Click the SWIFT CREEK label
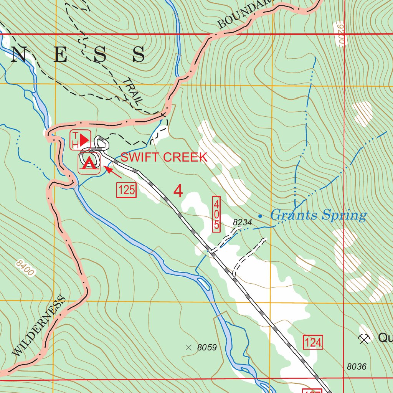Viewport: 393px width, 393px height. [x=164, y=157]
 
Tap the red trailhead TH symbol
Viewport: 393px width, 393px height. [x=80, y=140]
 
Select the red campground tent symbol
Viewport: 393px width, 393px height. [x=89, y=163]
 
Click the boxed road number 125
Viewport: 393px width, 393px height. [x=126, y=190]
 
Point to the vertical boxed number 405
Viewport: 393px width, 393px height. [x=217, y=214]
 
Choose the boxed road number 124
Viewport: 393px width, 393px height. [x=313, y=342]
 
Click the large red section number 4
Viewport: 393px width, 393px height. [x=178, y=191]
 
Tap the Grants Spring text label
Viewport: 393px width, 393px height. [x=318, y=215]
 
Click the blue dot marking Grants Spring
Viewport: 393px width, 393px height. [x=260, y=216]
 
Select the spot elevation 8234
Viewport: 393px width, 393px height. [x=242, y=222]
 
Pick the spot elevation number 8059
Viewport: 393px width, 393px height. [x=207, y=348]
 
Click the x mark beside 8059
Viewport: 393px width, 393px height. [x=188, y=348]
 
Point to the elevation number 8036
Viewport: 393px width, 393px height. [x=357, y=367]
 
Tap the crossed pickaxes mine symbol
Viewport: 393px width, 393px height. [x=363, y=338]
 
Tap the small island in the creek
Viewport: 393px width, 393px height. [x=204, y=284]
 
